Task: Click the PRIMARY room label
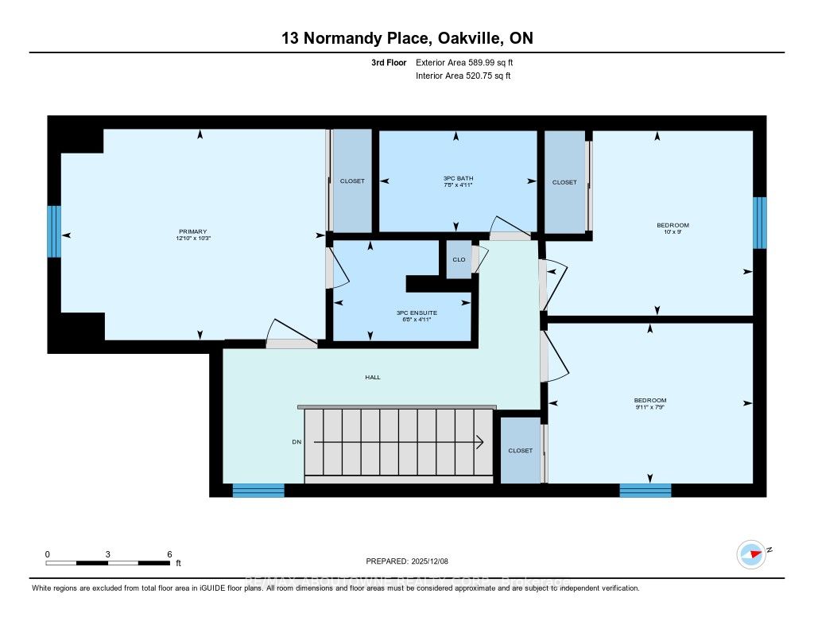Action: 192,231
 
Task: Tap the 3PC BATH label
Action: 458,178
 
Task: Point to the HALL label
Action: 372,377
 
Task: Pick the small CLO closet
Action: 459,259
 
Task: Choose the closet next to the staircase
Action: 520,450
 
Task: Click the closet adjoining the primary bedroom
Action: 352,181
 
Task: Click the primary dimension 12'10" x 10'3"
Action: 192,239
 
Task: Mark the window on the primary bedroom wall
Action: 54,231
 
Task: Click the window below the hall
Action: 258,491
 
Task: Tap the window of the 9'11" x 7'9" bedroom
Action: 645,491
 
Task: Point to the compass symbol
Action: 750,553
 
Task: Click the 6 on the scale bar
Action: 169,553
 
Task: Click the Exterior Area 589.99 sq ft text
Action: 470,62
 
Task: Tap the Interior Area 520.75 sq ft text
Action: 463,76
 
